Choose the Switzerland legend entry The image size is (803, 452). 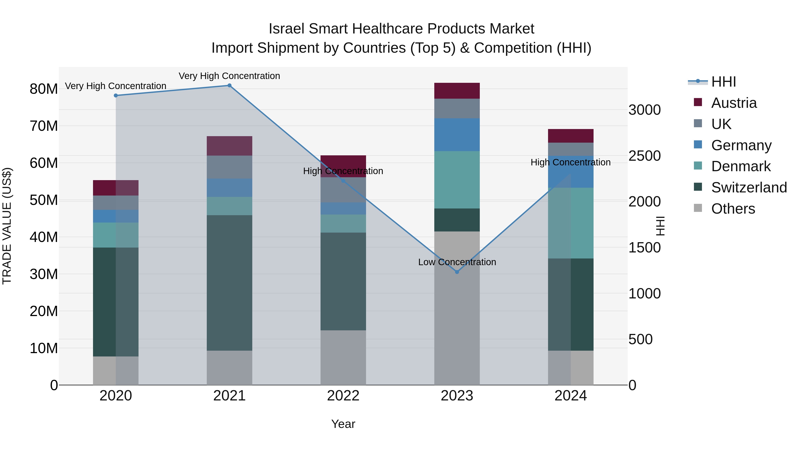[749, 187]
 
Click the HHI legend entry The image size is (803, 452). [723, 82]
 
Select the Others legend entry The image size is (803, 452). [733, 209]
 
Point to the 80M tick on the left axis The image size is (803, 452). [44, 89]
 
